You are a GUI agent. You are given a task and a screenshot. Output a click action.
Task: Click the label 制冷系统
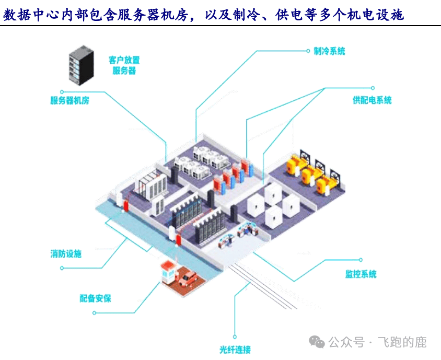(329, 51)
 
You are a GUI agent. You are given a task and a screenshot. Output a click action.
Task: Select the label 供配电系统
(372, 100)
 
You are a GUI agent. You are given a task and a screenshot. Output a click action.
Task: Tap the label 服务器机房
(69, 100)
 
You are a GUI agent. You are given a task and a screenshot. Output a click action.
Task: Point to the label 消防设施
(66, 254)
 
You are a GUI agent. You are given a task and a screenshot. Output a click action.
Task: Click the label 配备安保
(95, 298)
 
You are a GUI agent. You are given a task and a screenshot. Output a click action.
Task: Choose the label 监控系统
(361, 274)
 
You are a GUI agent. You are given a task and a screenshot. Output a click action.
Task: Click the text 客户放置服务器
(124, 65)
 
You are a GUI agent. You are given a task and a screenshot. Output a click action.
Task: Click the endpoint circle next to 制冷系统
(308, 51)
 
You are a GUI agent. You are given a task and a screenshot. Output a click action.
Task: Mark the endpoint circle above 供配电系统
(373, 88)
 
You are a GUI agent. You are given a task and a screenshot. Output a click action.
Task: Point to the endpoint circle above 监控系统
(360, 259)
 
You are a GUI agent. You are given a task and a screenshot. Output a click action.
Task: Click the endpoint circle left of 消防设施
(62, 268)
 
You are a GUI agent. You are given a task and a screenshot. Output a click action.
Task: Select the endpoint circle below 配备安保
(95, 312)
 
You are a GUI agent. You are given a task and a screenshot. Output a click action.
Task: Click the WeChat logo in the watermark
(317, 342)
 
